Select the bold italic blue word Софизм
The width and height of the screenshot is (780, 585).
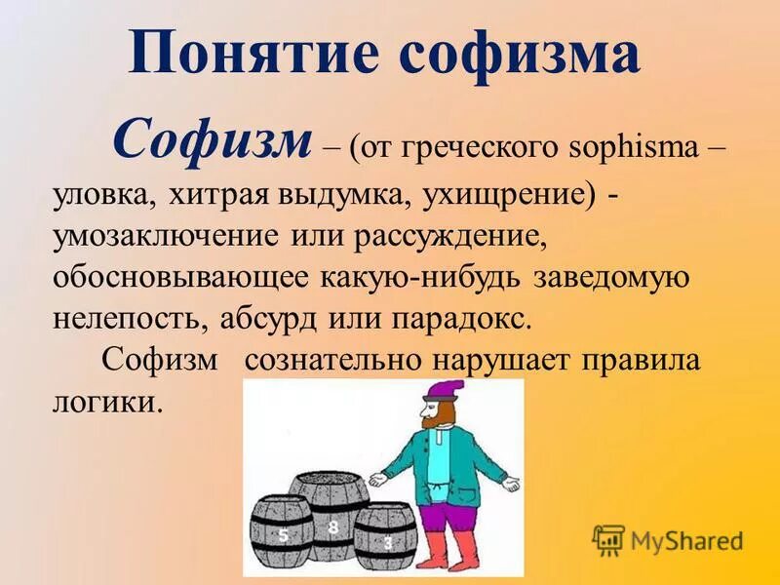click(212, 141)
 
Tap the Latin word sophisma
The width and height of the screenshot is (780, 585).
click(631, 149)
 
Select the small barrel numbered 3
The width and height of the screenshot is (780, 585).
click(386, 539)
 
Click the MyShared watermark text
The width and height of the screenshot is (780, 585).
click(685, 539)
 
